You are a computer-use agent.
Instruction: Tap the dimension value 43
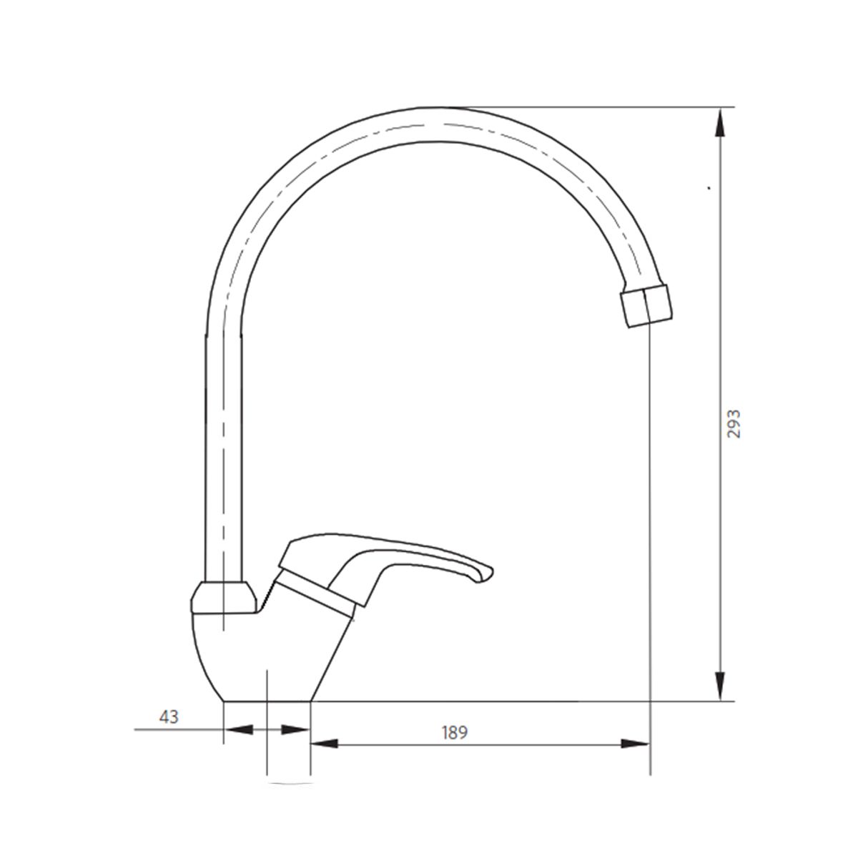coord(169,717)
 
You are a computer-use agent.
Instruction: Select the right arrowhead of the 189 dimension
coord(636,744)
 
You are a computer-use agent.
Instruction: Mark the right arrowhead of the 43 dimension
coord(295,730)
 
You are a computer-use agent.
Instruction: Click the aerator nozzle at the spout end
coord(648,306)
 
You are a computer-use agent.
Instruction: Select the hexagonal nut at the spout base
coord(223,598)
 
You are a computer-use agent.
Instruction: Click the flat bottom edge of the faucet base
coord(268,701)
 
